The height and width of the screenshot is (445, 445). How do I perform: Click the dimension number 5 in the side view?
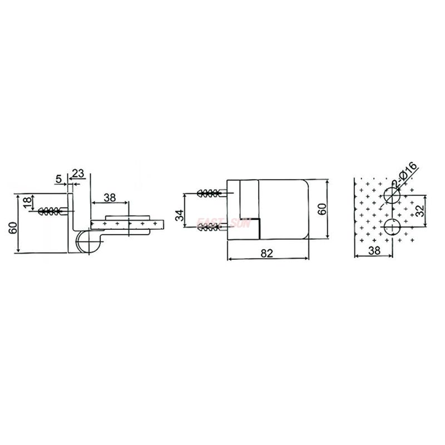58,179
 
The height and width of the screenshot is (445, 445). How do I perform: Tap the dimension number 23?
78,173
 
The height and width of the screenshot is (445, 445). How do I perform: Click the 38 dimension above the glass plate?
110,196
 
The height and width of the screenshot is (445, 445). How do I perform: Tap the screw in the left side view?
53,211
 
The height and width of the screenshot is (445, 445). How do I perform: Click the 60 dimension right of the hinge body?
321,209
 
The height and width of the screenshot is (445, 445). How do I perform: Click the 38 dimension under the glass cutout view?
374,251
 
